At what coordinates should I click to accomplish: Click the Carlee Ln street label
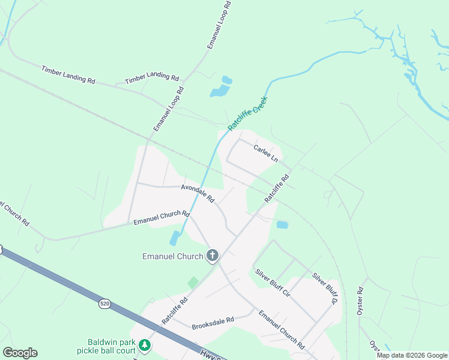point(265,152)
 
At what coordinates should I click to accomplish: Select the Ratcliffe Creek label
point(247,114)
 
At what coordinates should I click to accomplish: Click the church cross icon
point(212,256)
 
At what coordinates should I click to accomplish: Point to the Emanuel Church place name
point(172,256)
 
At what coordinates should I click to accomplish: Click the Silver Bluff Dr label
point(325,288)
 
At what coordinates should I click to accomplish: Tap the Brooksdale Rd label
point(212,325)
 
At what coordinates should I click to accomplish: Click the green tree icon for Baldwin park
point(145,346)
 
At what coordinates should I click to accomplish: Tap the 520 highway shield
point(105,304)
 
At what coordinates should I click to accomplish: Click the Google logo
point(20,353)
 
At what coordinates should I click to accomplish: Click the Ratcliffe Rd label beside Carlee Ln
point(277,188)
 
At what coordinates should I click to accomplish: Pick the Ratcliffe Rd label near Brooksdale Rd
point(175,310)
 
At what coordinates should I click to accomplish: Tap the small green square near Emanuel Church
point(193,282)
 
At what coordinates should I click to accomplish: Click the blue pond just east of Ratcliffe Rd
point(282,225)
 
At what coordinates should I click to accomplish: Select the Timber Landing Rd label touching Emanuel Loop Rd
point(152,79)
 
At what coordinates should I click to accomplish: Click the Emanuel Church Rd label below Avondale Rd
point(161,217)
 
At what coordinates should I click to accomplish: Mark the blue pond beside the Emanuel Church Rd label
point(174,238)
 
